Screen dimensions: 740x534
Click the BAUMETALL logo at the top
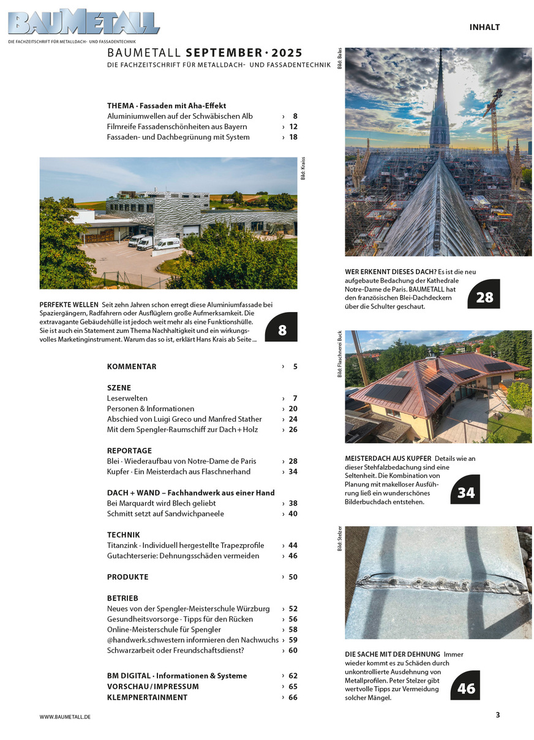[x=83, y=22]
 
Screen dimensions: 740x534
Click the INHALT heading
[x=484, y=27]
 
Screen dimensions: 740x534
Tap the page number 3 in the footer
[x=498, y=714]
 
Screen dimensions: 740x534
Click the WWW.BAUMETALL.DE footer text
[x=65, y=716]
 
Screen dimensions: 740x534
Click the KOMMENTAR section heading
[x=132, y=367]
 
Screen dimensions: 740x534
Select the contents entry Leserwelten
[x=127, y=398]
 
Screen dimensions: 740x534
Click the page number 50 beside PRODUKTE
[x=293, y=577]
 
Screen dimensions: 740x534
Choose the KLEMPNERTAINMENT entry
[x=147, y=697]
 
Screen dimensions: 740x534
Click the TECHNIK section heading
[x=123, y=534]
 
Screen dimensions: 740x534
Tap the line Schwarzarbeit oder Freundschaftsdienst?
[x=176, y=650]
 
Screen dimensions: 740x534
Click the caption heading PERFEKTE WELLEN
[x=69, y=304]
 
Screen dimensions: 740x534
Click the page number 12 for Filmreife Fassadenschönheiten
[x=293, y=127]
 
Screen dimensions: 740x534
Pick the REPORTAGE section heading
[x=129, y=450]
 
